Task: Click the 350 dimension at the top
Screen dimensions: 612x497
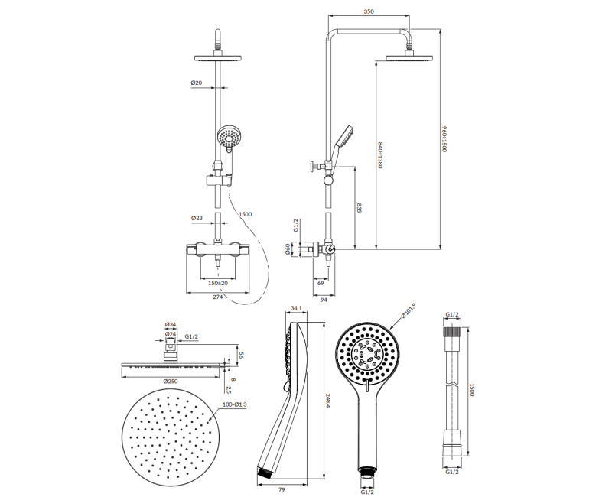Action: point(369,11)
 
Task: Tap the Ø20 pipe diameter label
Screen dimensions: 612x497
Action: point(197,83)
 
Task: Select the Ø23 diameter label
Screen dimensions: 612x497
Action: point(197,219)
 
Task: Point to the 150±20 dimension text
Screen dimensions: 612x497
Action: point(218,283)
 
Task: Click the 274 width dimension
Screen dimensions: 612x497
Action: point(218,297)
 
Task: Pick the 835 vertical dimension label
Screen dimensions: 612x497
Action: point(360,207)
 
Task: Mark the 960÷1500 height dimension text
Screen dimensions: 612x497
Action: point(444,139)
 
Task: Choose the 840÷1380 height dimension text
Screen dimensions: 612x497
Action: point(379,155)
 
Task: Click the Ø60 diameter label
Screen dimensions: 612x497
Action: point(288,249)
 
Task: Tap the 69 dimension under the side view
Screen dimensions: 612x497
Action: point(321,283)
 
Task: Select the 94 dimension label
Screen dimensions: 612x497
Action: point(324,300)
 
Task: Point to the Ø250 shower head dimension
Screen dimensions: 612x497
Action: point(171,381)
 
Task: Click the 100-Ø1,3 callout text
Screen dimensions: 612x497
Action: point(235,405)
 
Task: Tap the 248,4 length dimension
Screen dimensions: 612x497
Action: point(328,401)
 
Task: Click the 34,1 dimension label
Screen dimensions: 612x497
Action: point(296,309)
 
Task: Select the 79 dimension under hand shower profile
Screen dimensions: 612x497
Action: point(282,489)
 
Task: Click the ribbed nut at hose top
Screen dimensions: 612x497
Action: point(452,333)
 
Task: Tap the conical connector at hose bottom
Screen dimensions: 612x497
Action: point(451,443)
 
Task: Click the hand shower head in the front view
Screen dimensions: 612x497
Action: point(228,136)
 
